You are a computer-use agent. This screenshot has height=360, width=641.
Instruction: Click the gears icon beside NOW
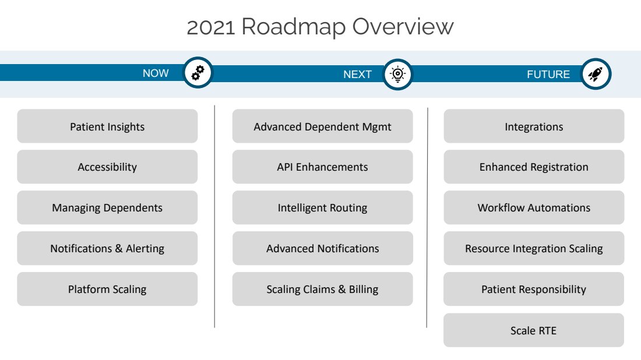[198, 73]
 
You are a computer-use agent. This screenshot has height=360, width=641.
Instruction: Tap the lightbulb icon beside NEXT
[397, 75]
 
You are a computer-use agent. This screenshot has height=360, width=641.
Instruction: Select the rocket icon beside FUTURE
[596, 74]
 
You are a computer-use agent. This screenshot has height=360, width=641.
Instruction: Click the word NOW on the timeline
[156, 73]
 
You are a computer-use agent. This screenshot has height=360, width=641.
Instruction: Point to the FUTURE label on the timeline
[548, 75]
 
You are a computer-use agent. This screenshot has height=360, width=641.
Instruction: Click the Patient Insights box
[107, 126]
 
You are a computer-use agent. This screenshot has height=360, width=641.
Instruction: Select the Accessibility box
[107, 167]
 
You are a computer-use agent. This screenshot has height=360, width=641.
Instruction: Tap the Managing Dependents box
[107, 207]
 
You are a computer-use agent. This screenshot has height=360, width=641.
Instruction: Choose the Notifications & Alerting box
[107, 248]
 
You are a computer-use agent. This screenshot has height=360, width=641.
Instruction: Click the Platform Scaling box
[107, 289]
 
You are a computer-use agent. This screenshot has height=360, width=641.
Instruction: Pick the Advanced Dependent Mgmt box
[323, 126]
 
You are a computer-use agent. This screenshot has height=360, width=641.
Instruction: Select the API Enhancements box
[323, 167]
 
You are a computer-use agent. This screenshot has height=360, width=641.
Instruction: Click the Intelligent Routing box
[323, 207]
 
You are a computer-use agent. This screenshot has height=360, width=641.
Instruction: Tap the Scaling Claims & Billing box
[323, 289]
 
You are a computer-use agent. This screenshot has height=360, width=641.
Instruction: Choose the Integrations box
[534, 126]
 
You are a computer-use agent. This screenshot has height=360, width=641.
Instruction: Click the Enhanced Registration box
[534, 167]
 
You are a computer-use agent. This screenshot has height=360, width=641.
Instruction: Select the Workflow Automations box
[534, 207]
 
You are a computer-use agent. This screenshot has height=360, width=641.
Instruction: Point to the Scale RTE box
[533, 330]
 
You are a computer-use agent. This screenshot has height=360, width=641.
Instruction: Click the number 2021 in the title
[211, 27]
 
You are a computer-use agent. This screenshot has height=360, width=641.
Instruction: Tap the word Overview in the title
[403, 27]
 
